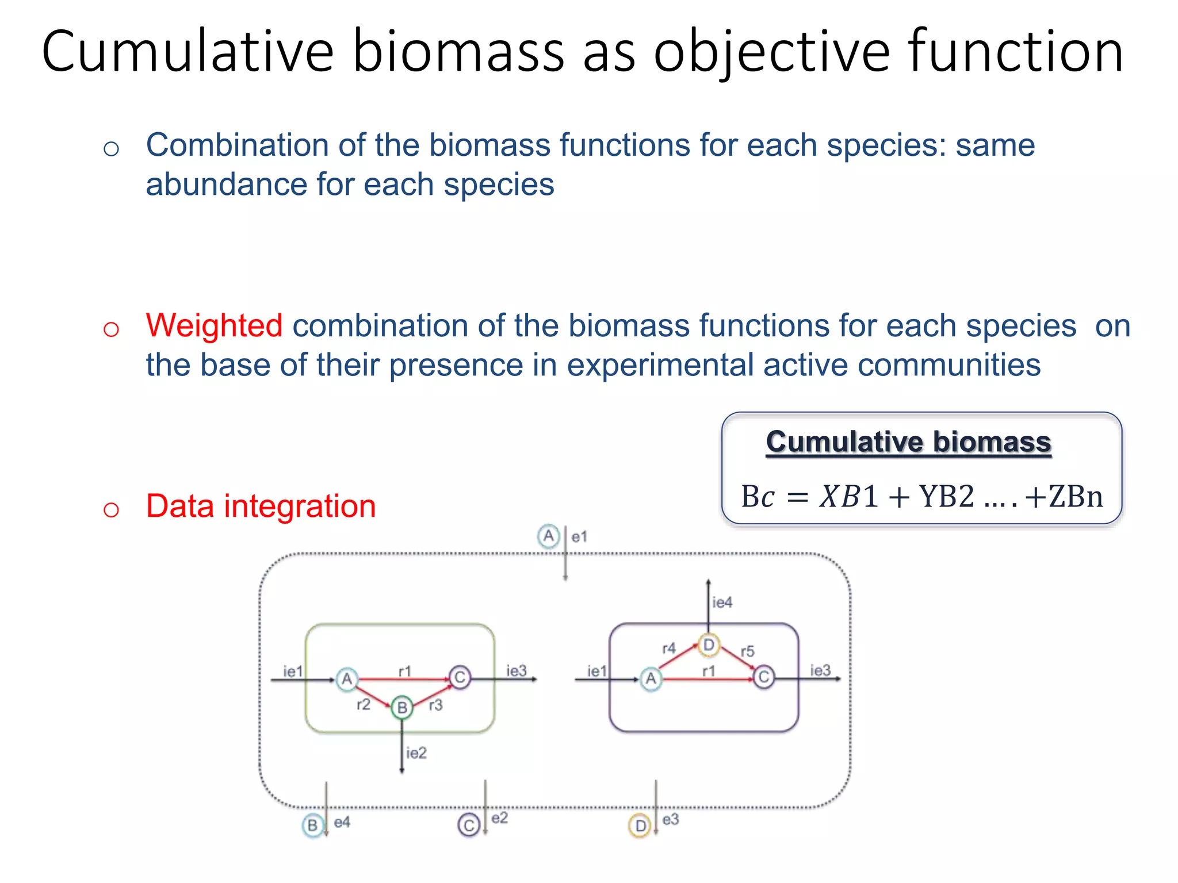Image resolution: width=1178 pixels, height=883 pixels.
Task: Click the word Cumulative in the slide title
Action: point(188,52)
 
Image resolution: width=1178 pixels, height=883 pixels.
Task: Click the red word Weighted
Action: point(214,325)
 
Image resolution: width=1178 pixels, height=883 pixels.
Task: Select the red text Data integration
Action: point(261,506)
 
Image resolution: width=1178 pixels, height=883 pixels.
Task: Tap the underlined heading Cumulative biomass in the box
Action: point(908,442)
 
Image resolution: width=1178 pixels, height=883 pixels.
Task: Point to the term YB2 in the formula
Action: point(947,496)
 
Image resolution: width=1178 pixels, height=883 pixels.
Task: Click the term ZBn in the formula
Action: point(1075,496)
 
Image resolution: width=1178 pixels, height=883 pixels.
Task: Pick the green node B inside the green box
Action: point(402,707)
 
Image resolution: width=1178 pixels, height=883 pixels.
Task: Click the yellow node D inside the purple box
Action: point(709,645)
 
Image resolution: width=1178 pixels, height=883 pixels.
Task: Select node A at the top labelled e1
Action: point(549,536)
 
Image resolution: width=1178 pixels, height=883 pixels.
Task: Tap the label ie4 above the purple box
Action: point(722,602)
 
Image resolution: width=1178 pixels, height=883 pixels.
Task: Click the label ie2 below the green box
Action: point(416,753)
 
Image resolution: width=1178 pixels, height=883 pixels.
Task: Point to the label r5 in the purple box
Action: point(747,651)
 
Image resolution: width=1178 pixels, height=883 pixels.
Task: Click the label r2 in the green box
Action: point(364,704)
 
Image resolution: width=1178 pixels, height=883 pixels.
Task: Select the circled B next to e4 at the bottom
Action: point(312,826)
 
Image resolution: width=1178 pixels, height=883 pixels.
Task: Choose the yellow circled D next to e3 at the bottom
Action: point(640,826)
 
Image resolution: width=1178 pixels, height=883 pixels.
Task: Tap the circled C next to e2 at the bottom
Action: point(469,826)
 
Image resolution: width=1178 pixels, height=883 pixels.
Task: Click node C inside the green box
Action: point(460,678)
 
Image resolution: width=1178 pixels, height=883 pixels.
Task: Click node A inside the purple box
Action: point(651,679)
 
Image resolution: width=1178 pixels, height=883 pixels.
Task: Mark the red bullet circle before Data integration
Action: point(111,509)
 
